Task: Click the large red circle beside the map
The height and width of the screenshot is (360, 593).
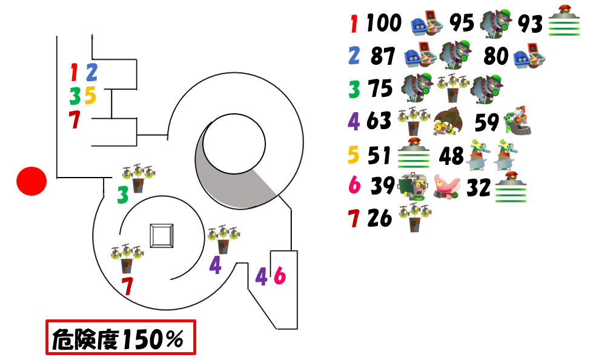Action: [31, 181]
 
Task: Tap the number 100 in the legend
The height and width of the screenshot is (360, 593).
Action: [384, 22]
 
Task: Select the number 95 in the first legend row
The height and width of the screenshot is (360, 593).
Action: [462, 22]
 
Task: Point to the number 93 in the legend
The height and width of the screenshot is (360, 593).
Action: [530, 24]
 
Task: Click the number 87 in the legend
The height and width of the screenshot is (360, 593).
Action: [383, 56]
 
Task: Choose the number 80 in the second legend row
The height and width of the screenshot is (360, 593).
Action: [496, 56]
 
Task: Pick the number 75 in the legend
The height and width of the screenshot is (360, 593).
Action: [380, 88]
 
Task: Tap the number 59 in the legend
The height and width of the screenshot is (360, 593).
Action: [487, 122]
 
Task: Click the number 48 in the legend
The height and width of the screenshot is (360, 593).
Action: [451, 156]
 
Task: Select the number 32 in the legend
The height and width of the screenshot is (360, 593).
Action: [479, 187]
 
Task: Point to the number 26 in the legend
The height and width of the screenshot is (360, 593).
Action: [380, 218]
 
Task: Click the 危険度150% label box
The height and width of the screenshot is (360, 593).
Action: [121, 338]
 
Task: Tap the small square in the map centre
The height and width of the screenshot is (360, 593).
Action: [162, 236]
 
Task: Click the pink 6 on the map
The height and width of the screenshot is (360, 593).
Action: [279, 276]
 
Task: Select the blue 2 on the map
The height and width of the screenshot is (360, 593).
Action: [92, 72]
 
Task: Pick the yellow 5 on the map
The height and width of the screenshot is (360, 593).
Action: [90, 95]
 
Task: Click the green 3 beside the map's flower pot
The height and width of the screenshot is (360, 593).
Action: [122, 195]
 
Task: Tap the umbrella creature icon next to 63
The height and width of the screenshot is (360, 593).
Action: [448, 121]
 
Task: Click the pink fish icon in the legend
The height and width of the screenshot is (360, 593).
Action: [446, 187]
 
